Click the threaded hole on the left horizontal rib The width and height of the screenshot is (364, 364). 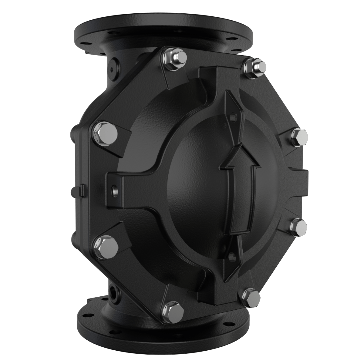(x=115, y=189)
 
